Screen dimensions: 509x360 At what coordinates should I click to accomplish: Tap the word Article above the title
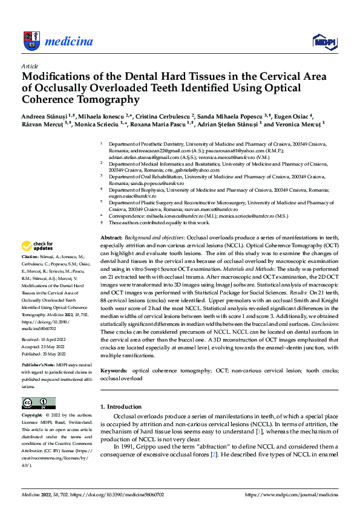tap(30, 65)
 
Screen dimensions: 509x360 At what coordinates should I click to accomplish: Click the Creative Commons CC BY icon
tap(38, 403)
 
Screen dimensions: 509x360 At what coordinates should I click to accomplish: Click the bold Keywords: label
tap(114, 369)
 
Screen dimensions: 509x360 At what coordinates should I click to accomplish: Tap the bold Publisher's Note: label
tap(39, 366)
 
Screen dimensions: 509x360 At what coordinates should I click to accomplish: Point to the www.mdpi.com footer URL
tap(291, 494)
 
